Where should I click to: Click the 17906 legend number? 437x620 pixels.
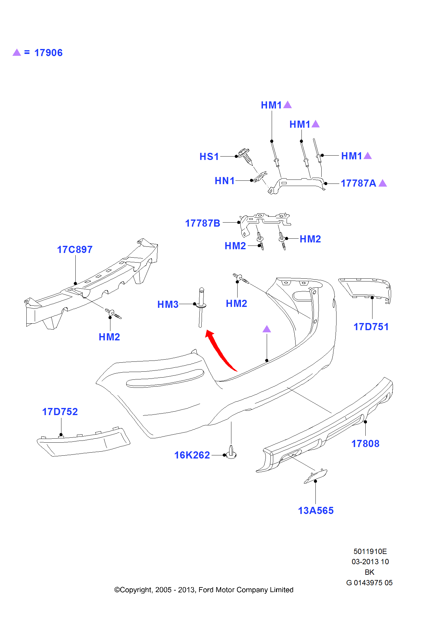48,53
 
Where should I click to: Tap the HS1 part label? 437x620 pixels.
209,157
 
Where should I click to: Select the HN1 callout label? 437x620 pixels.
225,181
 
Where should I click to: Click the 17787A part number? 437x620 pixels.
358,184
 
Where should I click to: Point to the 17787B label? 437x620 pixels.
203,224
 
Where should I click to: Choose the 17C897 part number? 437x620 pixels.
75,250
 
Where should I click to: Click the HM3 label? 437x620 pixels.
168,305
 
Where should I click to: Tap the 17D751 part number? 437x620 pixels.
371,327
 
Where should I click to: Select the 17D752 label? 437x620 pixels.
60,412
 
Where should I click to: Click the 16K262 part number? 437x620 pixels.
192,455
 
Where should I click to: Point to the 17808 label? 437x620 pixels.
365,444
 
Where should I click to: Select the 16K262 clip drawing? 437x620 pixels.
231,452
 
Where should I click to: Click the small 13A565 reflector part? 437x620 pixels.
315,476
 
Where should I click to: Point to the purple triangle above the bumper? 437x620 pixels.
267,329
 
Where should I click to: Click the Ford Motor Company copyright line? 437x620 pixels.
204,590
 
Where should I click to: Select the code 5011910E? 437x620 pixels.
370,552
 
